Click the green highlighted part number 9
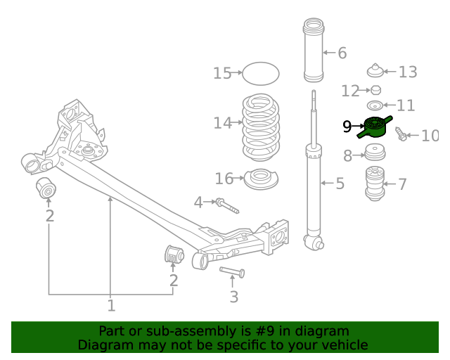(375, 127)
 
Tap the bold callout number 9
(347, 127)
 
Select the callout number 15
(222, 73)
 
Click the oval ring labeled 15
(260, 73)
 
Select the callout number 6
(342, 53)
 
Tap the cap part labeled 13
(377, 71)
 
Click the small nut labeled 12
(376, 90)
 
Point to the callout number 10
(430, 135)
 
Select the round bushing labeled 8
(374, 153)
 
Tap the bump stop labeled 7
(377, 184)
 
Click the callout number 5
(340, 184)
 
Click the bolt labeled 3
(233, 271)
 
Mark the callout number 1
(110, 305)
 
